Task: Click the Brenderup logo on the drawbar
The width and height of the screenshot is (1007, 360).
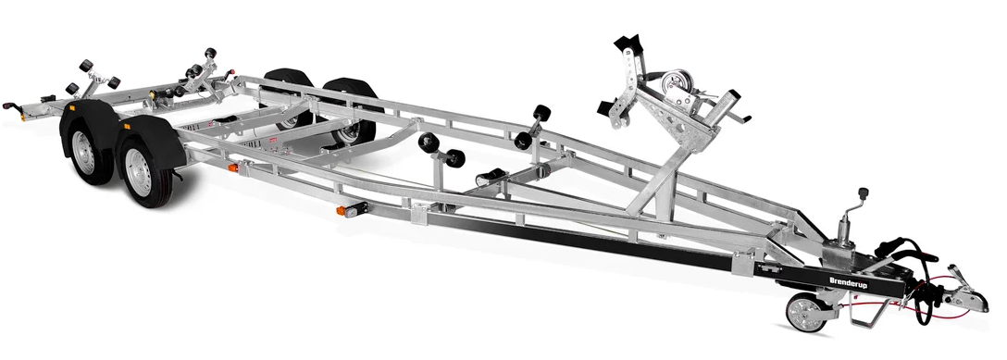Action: coord(849,282)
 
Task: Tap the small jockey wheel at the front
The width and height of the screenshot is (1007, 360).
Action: coord(806,314)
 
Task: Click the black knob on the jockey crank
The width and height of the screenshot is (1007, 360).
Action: coord(864,193)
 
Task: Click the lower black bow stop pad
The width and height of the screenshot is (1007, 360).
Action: coord(608,107)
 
